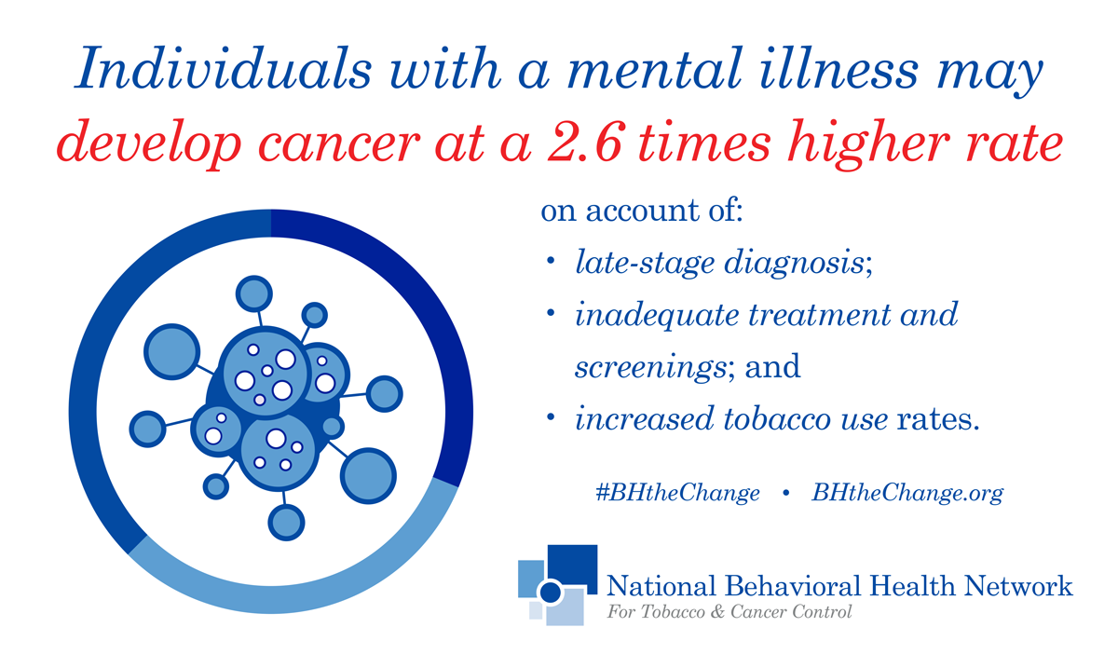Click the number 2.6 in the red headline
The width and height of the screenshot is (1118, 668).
pos(584,142)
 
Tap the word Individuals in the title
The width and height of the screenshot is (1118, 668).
pos(223,69)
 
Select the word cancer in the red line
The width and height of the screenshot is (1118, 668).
pos(339,145)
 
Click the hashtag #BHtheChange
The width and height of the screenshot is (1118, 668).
pos(677,493)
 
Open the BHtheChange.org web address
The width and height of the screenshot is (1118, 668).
pos(907,493)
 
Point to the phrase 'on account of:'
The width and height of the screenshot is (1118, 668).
pos(642,211)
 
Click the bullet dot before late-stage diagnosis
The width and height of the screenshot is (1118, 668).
pos(551,261)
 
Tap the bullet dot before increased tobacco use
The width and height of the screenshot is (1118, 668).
pos(551,416)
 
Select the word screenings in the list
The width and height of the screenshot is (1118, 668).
pos(650,368)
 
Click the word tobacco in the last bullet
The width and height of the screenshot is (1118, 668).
pos(777,418)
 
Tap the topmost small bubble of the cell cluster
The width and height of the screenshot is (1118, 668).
pos(254,293)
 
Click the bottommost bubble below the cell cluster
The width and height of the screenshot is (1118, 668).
pos(287,523)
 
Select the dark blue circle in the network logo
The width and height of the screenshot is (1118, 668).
pos(551,593)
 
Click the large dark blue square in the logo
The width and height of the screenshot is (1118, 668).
pos(572,566)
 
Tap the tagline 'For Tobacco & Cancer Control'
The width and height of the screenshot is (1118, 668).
pos(729,611)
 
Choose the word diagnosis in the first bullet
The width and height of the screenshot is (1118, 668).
pos(794,263)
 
